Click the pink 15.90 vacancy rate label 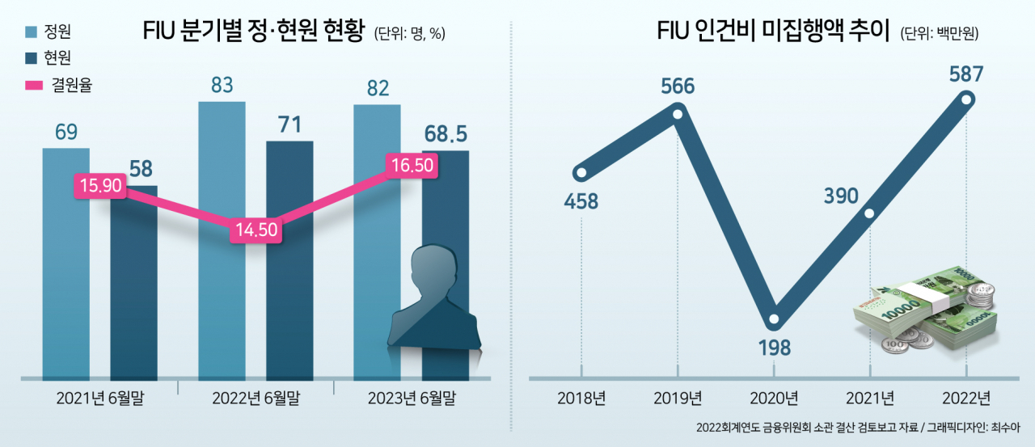[100, 186]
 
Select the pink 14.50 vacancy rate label [256, 230]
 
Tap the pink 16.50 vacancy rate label [412, 166]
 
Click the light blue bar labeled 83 [222, 241]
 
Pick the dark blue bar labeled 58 [134, 283]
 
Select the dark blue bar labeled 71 [289, 260]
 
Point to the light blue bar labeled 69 [66, 264]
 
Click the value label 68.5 [446, 134]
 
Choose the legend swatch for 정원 [31, 32]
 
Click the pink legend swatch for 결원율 [34, 86]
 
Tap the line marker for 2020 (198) [774, 319]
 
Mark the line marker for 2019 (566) [678, 114]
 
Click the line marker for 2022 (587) [966, 99]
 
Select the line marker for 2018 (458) [581, 173]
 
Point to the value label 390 [841, 196]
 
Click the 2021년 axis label [870, 398]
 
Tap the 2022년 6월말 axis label [256, 398]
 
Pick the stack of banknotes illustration [924, 314]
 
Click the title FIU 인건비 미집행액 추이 [773, 31]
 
